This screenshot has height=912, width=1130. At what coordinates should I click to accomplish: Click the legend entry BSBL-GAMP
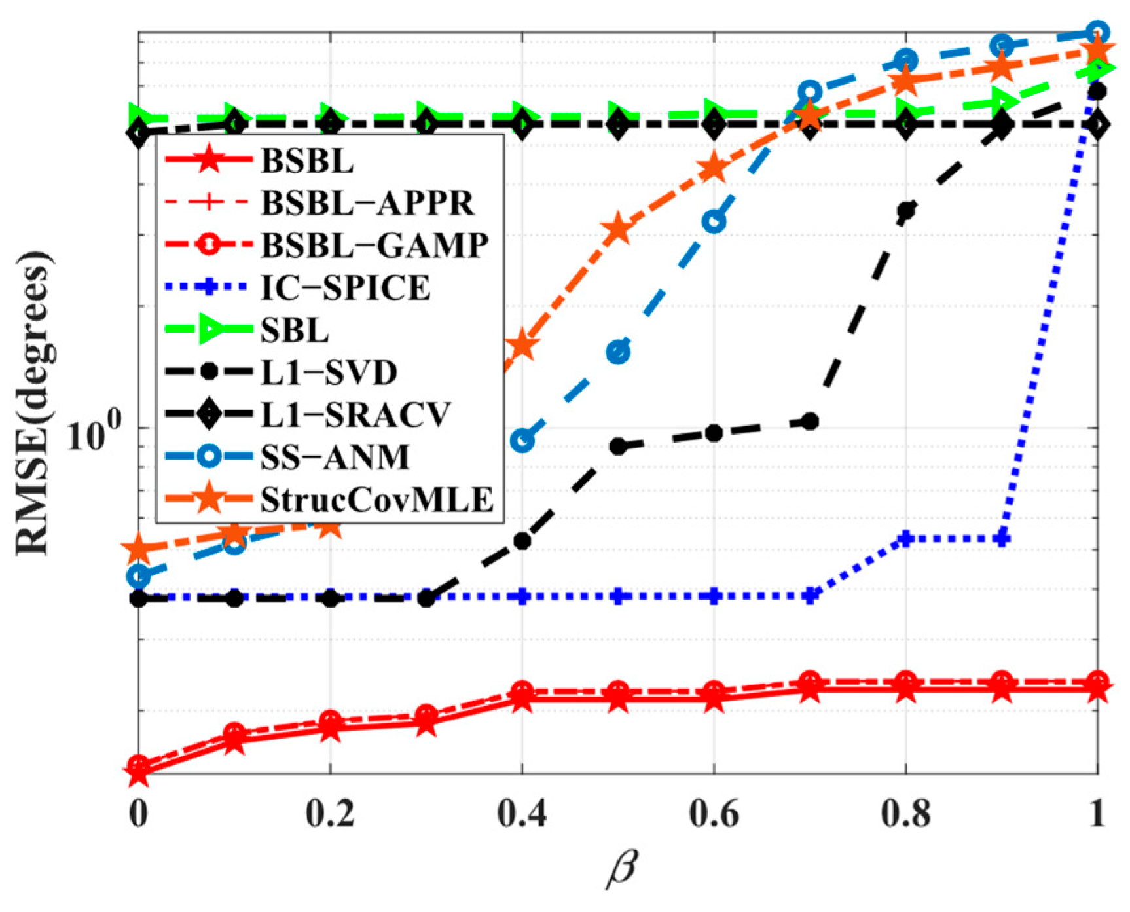(x=374, y=245)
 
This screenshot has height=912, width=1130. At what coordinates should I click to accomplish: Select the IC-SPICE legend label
(x=346, y=287)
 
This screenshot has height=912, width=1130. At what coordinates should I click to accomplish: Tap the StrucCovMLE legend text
(x=376, y=500)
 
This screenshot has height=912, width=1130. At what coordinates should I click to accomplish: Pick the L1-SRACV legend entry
(x=356, y=414)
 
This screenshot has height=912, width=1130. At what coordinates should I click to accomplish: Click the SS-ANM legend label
(x=335, y=457)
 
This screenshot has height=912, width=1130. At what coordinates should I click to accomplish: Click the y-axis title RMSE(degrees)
(x=33, y=402)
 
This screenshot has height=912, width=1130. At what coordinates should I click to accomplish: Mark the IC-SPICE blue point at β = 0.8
(x=906, y=539)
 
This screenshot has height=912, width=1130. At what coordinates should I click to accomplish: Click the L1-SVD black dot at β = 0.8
(x=906, y=211)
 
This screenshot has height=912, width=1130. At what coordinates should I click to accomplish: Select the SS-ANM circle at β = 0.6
(x=714, y=222)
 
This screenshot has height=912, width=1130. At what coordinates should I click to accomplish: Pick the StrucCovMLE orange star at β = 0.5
(x=618, y=229)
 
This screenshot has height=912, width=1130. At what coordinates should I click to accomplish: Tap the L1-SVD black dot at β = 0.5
(x=618, y=447)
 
